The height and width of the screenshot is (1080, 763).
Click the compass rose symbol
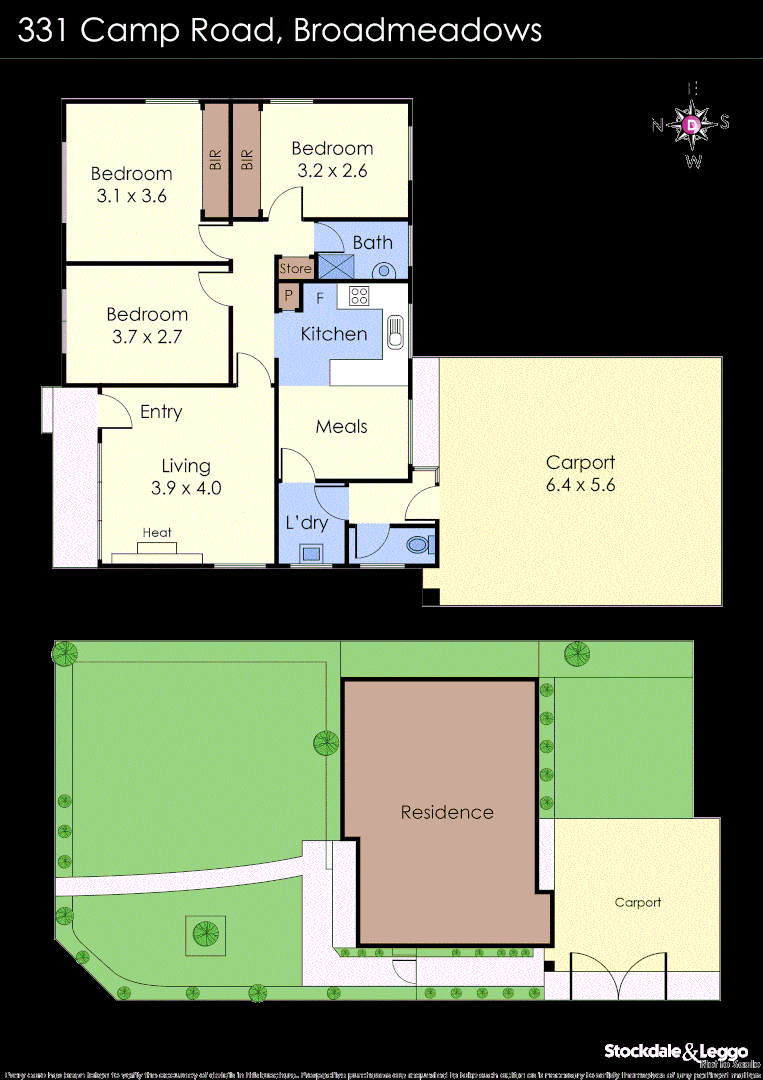tap(692, 124)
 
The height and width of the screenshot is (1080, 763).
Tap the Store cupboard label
tap(295, 269)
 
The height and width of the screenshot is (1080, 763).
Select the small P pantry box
tap(288, 296)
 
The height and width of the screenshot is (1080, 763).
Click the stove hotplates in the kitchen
tap(359, 296)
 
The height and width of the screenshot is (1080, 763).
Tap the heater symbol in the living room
tap(158, 548)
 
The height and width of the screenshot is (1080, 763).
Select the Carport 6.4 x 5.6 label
tap(580, 474)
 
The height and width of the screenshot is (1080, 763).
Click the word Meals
tap(342, 427)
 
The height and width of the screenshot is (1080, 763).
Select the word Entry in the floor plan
tap(161, 412)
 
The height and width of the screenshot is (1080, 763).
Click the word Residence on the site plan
tap(447, 812)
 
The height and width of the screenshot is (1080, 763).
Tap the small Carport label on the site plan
tap(637, 902)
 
